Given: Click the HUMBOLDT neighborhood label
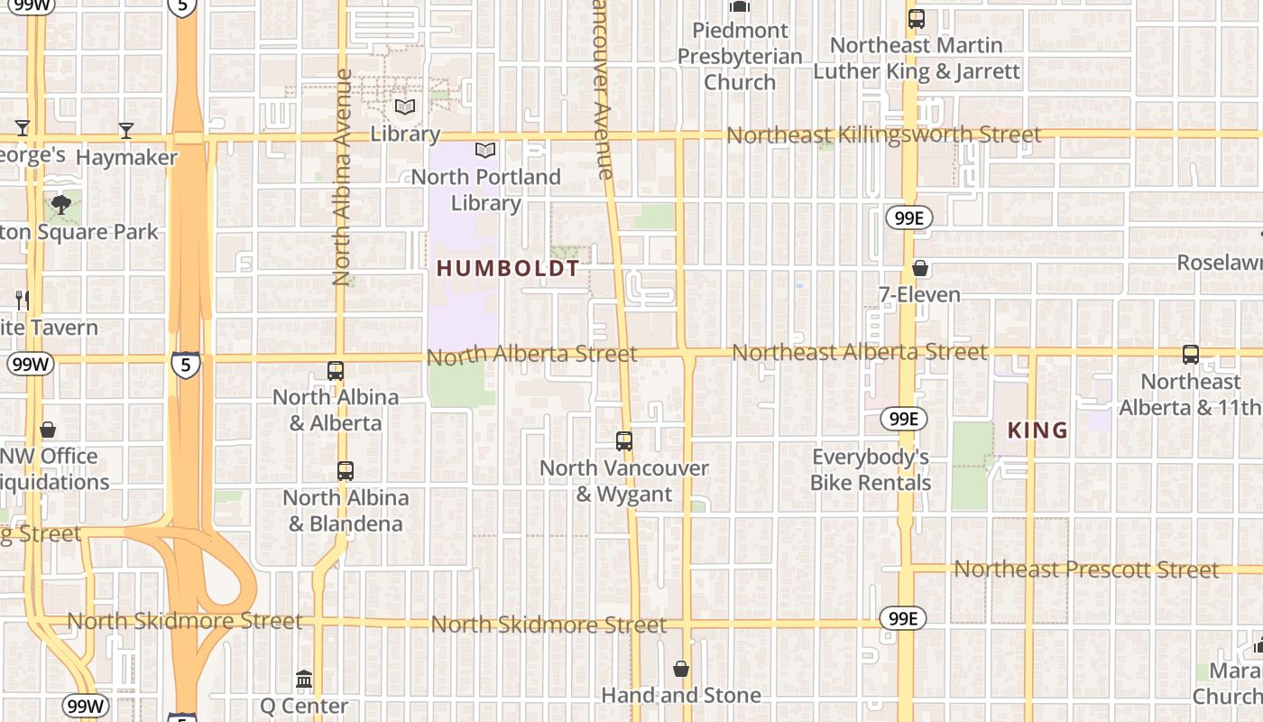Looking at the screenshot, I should tap(508, 268).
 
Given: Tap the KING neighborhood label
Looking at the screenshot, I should tap(1037, 430).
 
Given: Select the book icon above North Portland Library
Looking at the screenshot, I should tap(485, 151).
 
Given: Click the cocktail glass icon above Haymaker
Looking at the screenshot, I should tap(126, 131).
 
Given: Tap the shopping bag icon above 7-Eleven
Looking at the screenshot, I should tap(920, 268).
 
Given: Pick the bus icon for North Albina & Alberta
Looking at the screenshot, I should tap(336, 370).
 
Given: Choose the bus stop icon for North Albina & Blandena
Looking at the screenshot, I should tap(346, 470).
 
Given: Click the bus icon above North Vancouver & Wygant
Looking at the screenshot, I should tap(624, 441).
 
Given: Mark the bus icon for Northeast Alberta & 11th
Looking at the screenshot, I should tap(1191, 355).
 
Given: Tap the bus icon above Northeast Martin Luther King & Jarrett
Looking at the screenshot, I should tap(917, 18).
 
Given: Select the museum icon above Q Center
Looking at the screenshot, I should tap(304, 679).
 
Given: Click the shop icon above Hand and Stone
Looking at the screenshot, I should tap(681, 669).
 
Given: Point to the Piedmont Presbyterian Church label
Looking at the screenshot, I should tap(740, 56).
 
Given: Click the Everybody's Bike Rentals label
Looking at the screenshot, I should tap(870, 469).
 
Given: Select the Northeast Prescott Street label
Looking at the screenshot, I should tap(1086, 569).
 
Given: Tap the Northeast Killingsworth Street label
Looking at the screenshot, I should tap(883, 135).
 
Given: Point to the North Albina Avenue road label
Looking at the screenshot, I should tap(342, 178).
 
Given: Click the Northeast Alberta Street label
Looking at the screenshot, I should tap(859, 352).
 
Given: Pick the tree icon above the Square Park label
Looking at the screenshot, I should tap(61, 205).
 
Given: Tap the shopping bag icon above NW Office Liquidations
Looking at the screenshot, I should tap(48, 430).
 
